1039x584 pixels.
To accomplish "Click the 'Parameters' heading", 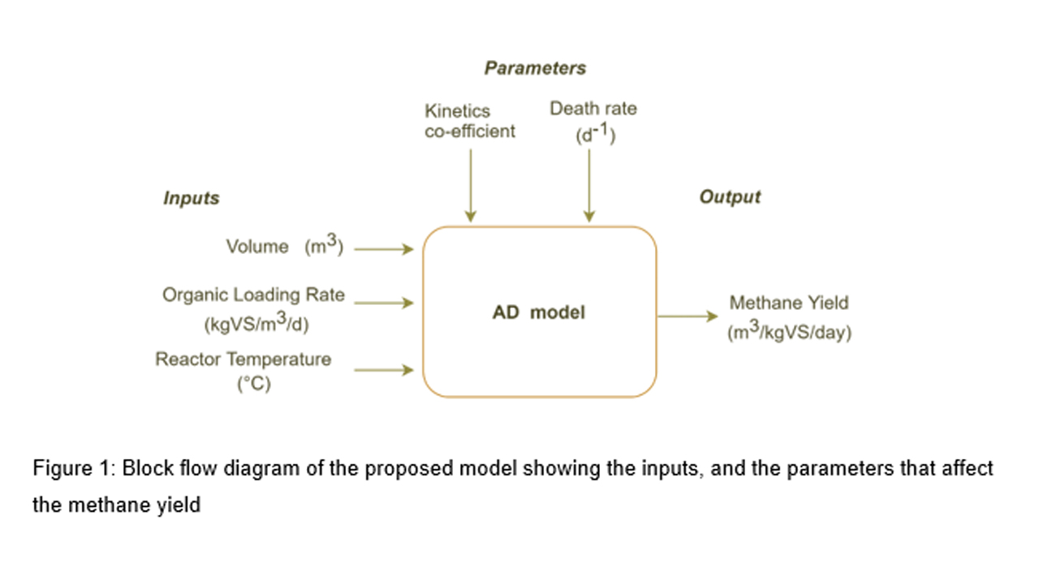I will [535, 68].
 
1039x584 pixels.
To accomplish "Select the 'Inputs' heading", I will [192, 198].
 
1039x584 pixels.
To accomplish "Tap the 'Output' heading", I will [730, 196].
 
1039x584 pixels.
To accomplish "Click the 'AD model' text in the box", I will [539, 312].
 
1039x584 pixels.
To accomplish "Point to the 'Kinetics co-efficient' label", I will [469, 121].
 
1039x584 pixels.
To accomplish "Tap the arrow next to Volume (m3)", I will [384, 250].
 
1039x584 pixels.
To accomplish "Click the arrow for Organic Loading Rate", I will [384, 303].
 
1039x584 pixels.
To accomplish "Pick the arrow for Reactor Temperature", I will [384, 370].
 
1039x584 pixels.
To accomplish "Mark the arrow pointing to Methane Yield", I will [688, 316].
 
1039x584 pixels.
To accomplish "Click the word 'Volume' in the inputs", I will [257, 247].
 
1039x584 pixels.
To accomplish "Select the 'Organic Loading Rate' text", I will [253, 295].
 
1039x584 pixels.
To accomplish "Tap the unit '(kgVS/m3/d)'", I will [257, 324].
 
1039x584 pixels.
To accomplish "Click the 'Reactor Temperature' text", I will [244, 359].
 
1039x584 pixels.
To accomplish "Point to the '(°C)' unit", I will [253, 384].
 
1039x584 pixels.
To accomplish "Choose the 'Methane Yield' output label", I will [788, 303].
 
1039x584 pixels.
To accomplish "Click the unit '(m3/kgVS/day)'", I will [789, 333].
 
